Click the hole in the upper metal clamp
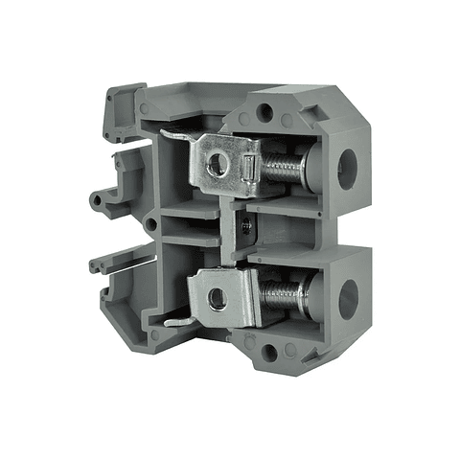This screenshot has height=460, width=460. coord(218,164)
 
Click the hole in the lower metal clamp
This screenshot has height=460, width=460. coord(218,299)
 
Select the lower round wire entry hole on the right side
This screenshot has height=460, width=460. coord(347,300)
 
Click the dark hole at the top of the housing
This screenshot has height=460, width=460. coord(264,113)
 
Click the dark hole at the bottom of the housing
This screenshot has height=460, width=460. coord(269,353)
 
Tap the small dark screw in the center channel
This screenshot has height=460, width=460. coord(248,228)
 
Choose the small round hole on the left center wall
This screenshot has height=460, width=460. coord(149,224)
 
